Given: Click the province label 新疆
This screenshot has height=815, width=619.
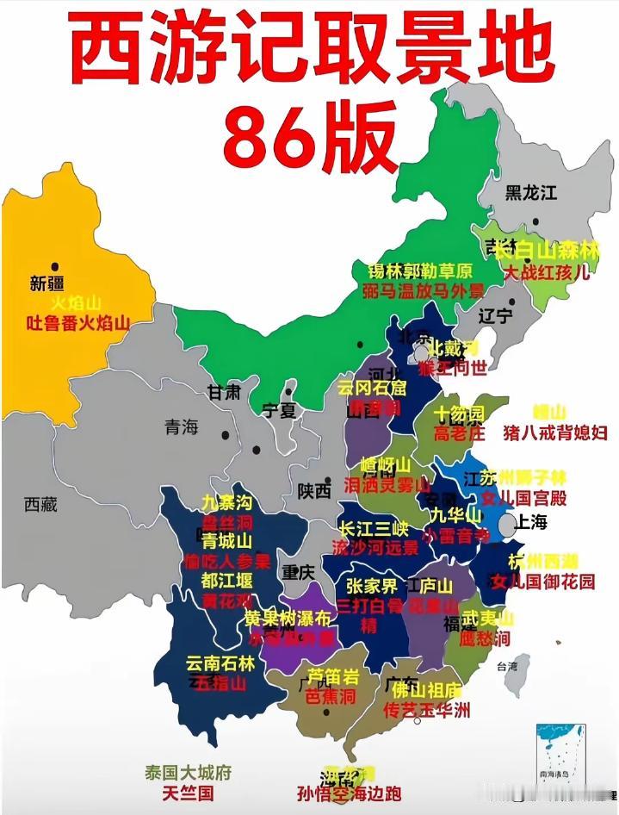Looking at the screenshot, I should coord(47,283).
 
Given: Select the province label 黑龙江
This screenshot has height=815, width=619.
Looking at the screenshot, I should coord(530,192).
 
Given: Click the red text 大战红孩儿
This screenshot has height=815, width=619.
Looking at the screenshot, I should coord(547,272).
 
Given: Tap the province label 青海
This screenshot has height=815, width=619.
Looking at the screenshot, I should coord(182,426).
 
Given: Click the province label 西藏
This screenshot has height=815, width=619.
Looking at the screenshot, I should coord(40,505).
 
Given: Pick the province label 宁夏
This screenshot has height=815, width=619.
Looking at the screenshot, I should coord(279,410).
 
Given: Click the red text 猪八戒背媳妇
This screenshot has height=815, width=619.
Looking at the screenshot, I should coord(556,432).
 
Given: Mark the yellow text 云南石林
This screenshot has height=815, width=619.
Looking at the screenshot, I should coord(220,663).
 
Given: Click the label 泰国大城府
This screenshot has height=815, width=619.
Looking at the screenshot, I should coord(188,773).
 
